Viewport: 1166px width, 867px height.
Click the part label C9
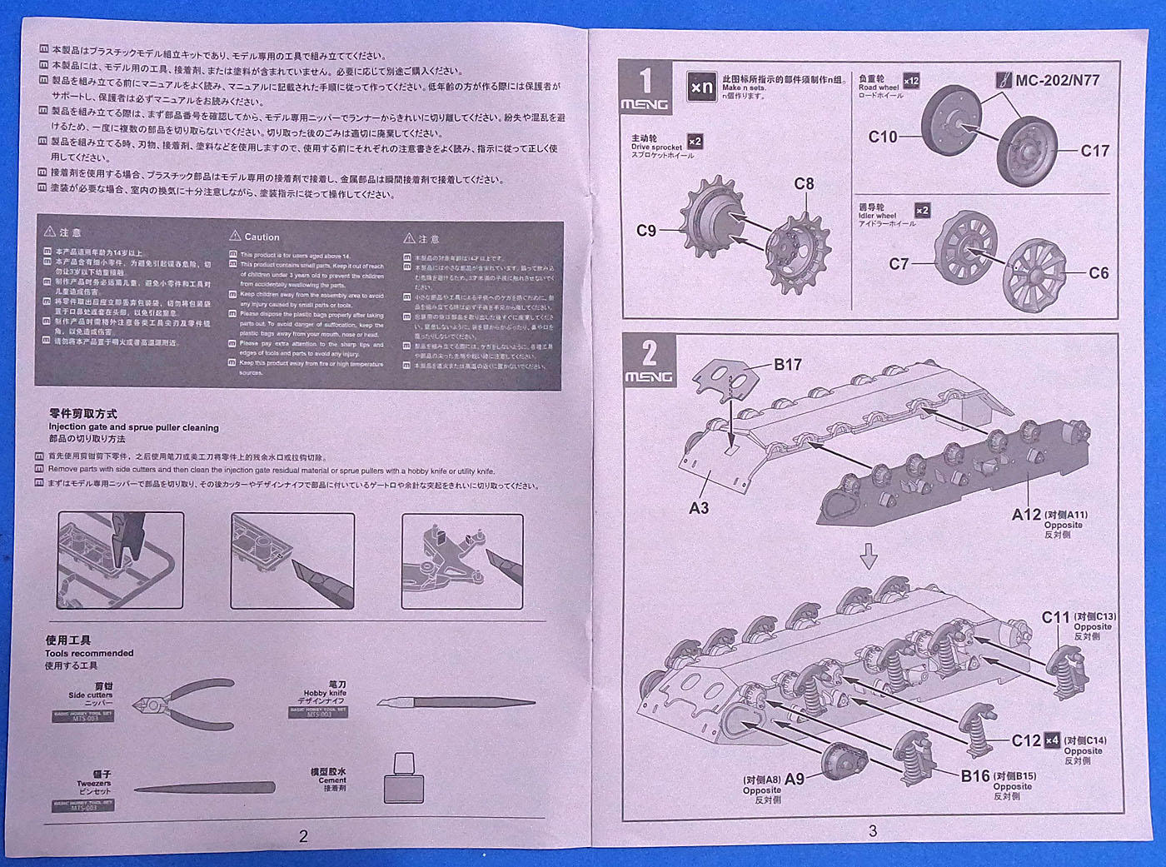click(x=645, y=231)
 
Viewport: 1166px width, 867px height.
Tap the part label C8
click(x=804, y=184)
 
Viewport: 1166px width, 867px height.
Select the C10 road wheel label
click(x=883, y=137)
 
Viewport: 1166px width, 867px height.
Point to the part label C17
click(x=1094, y=151)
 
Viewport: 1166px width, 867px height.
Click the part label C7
click(x=899, y=264)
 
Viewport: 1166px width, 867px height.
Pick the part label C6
click(x=1099, y=273)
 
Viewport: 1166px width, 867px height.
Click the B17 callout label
click(x=787, y=364)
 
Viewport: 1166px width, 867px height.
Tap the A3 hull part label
click(x=699, y=507)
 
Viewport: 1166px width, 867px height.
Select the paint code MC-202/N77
click(x=1057, y=81)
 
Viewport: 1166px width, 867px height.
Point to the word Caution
click(x=262, y=237)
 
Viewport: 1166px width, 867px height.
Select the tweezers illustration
click(x=204, y=788)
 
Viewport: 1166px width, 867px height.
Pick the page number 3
click(x=872, y=830)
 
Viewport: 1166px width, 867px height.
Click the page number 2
click(x=303, y=835)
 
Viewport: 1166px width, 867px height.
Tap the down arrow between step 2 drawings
click(x=869, y=556)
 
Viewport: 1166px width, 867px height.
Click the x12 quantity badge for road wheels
click(x=911, y=81)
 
